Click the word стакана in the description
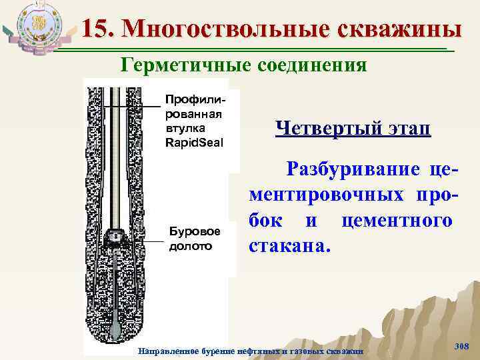click(x=287, y=247)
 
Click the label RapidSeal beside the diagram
click(x=194, y=142)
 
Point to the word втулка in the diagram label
click(x=185, y=129)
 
